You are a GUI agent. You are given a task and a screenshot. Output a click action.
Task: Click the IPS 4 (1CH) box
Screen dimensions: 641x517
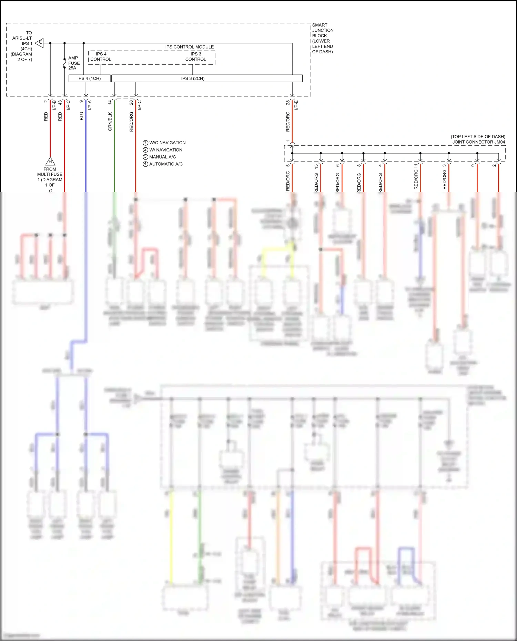point(89,79)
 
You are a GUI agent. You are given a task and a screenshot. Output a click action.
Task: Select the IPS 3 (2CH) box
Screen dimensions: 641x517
point(207,79)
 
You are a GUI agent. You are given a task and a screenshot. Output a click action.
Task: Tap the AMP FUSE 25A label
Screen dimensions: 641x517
point(74,63)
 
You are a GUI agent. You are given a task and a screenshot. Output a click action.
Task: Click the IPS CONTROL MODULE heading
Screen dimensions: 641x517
point(189,47)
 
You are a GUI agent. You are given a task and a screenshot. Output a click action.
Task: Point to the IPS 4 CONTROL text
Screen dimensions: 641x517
point(101,57)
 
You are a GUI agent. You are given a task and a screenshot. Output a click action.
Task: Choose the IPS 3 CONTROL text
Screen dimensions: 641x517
point(196,57)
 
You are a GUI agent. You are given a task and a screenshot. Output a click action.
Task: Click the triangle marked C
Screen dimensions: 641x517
point(40,43)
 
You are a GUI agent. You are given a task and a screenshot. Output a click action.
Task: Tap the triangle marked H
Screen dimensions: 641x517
point(50,161)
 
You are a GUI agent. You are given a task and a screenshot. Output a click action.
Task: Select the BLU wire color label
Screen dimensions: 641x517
point(82,116)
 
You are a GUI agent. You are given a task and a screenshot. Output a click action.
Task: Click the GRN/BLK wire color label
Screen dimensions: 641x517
point(110,121)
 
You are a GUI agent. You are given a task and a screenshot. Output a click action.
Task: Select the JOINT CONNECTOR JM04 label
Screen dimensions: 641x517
point(479,142)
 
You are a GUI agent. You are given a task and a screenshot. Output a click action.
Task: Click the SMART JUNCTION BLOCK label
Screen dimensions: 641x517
point(323,38)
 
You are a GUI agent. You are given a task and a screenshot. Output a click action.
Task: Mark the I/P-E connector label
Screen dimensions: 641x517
point(296,105)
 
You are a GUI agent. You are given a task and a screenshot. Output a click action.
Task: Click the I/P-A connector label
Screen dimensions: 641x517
point(90,105)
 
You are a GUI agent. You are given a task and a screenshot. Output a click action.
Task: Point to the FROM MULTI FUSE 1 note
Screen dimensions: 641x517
point(50,179)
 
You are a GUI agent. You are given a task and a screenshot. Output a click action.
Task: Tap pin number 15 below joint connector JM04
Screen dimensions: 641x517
point(316,166)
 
